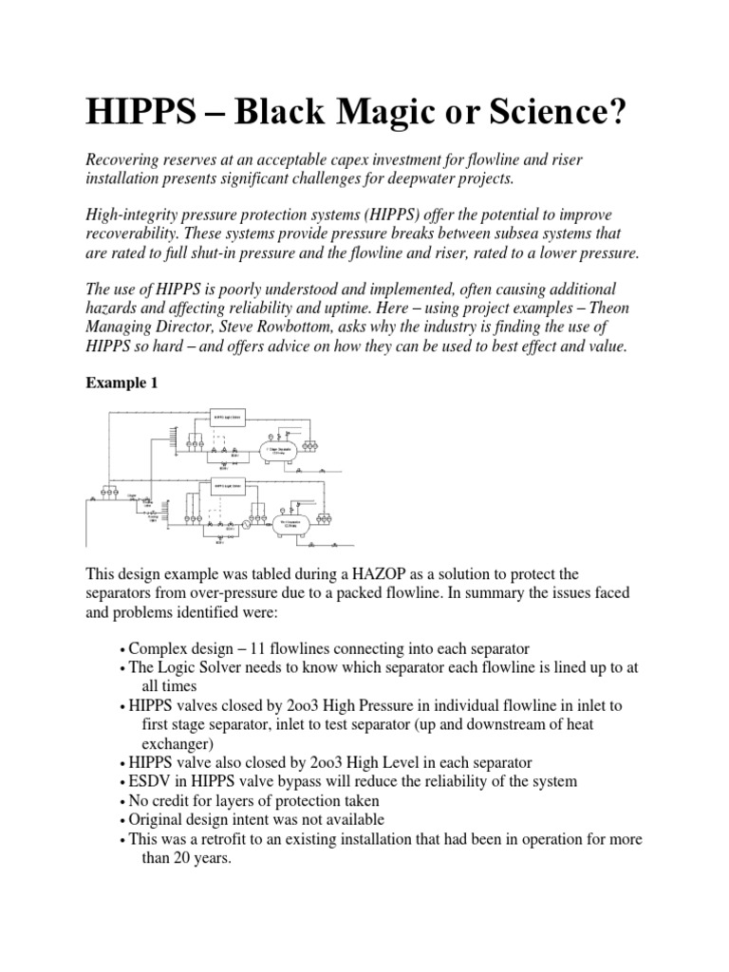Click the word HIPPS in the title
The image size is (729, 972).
coord(140,113)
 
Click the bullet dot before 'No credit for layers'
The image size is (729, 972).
coord(123,801)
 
